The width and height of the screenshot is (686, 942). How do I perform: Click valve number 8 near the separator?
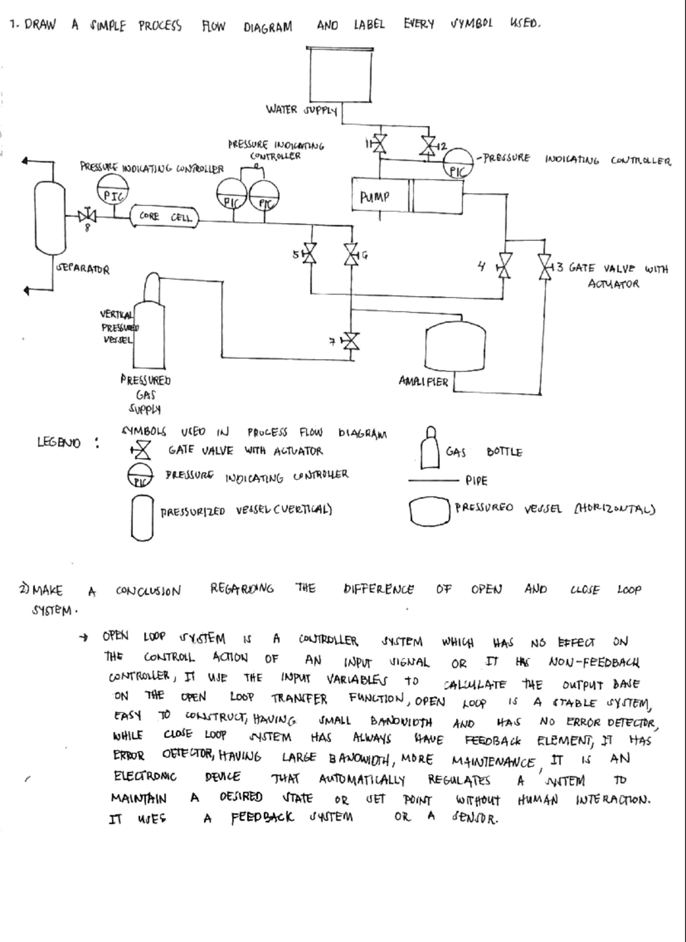point(87,216)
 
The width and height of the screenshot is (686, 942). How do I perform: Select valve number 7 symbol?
point(351,341)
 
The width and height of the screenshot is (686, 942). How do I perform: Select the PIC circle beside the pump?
point(458,163)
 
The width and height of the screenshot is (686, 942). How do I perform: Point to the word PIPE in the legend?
point(476,480)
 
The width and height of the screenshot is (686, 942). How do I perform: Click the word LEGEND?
point(59,442)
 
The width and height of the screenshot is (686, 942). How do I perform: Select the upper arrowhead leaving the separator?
point(26,162)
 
